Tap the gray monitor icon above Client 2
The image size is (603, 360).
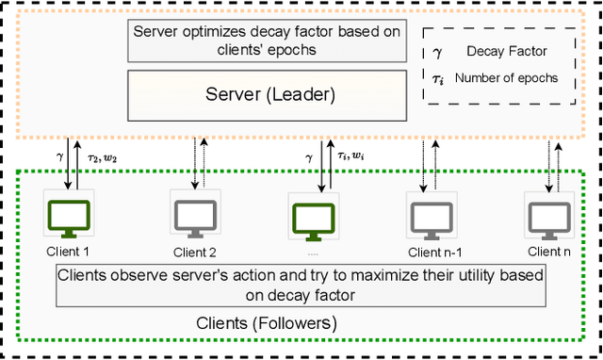point(195,216)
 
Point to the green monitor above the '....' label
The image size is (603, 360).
point(311,219)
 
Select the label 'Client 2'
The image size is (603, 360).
point(195,252)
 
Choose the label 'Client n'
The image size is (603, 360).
point(548,251)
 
